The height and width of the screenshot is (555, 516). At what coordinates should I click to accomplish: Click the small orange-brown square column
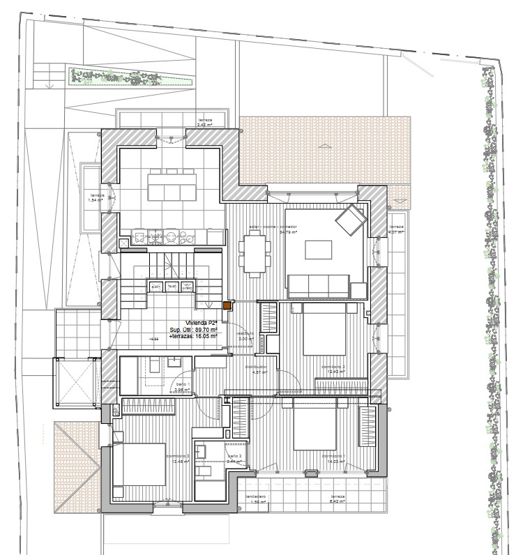point(227,305)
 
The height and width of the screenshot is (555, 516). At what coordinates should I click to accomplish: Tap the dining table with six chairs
point(254,253)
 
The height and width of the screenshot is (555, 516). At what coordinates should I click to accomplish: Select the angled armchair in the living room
point(350,220)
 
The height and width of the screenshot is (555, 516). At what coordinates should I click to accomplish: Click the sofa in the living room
point(319,284)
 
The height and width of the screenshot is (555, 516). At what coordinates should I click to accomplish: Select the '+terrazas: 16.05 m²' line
point(193,335)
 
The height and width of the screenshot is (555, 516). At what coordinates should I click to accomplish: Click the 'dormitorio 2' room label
point(333,368)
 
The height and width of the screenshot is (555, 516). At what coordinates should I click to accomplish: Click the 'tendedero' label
point(255,498)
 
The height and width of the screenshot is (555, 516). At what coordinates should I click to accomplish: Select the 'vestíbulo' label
point(244,334)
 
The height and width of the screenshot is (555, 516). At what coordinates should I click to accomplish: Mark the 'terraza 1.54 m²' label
point(96,197)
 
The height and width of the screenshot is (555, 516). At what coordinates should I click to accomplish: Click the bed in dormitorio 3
point(138,464)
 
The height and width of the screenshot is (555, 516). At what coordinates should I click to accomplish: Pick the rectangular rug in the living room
point(318,250)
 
